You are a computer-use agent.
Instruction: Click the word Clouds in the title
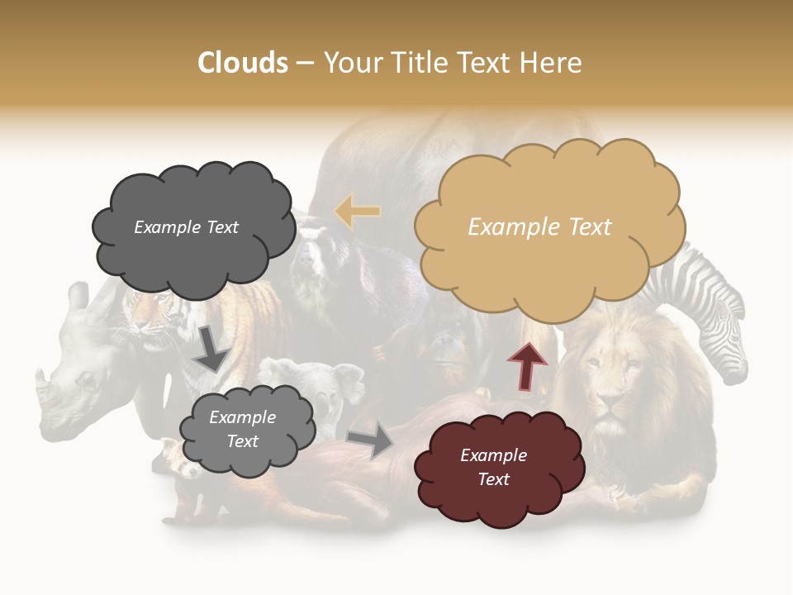pos(243,63)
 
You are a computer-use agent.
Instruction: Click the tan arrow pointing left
pos(357,212)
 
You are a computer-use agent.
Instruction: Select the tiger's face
pos(149,322)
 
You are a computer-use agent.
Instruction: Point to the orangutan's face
pos(450,347)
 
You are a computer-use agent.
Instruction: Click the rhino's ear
pos(78,297)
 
